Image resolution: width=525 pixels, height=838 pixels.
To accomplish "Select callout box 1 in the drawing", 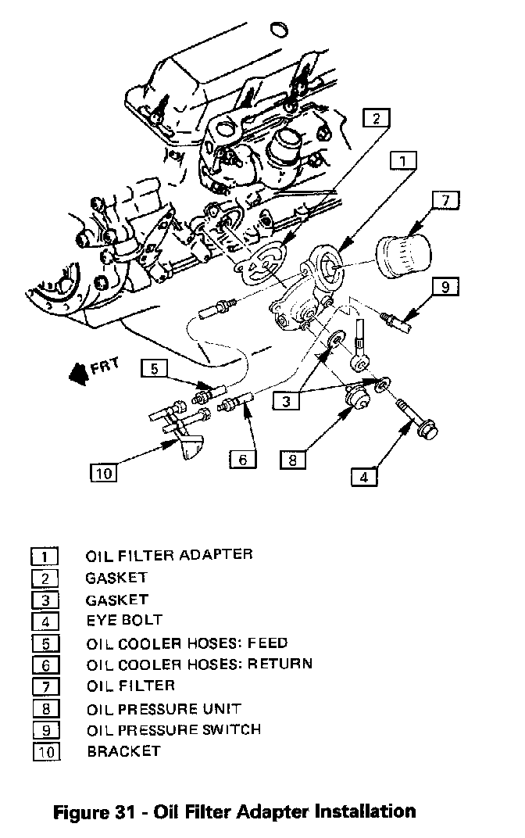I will click(x=402, y=162).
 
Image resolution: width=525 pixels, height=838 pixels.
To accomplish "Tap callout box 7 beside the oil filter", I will click(x=445, y=200).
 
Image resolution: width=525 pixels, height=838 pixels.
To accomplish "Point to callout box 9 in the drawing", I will click(x=445, y=286).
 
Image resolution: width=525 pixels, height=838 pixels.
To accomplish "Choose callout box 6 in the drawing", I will click(x=242, y=459).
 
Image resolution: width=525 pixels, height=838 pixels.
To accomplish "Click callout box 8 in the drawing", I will click(x=292, y=459).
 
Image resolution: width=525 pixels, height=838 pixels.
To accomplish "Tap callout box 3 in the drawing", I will click(x=287, y=401).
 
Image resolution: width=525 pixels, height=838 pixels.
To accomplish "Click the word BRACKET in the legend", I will click(x=123, y=751).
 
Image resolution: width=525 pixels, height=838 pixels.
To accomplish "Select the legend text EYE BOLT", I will click(x=123, y=621).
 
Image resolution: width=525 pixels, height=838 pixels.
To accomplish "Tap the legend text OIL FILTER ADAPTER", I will click(x=169, y=555).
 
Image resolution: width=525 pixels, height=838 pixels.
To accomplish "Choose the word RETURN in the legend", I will click(x=280, y=664).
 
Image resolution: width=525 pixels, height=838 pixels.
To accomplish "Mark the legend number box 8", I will click(x=45, y=710).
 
